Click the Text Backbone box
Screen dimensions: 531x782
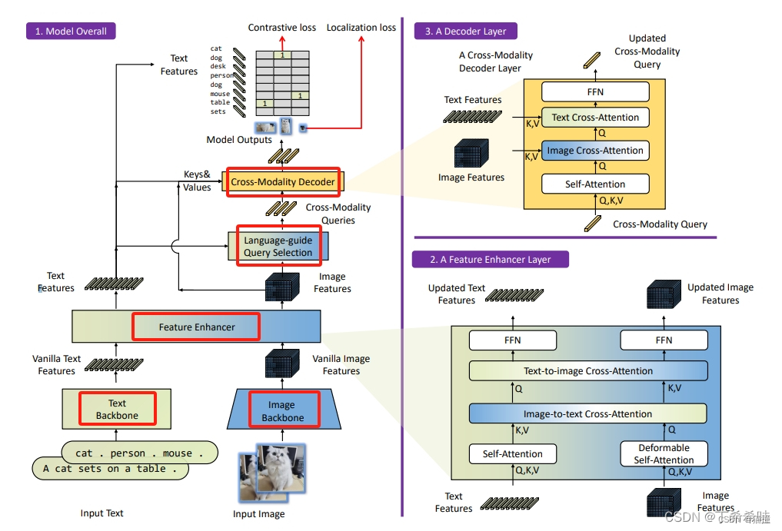[x=117, y=409]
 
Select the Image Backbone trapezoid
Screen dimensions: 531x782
[x=282, y=410]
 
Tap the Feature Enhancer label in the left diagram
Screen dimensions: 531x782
[x=197, y=327]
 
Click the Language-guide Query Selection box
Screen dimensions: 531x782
[x=278, y=246]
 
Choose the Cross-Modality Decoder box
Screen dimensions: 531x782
[x=283, y=181]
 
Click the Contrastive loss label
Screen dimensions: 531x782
[x=281, y=28]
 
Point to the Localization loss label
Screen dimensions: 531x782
[x=361, y=28]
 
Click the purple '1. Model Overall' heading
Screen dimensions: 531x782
[x=71, y=32]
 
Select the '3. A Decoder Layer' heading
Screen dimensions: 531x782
[x=466, y=32]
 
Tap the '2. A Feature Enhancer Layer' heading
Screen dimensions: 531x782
[x=490, y=259]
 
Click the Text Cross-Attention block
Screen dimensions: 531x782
[x=595, y=118]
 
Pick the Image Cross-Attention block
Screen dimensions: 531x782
[x=595, y=151]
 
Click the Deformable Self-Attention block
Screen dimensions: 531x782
[x=664, y=453]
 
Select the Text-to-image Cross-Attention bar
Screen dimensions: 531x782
[x=588, y=371]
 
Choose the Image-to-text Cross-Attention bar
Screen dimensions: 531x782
[x=588, y=414]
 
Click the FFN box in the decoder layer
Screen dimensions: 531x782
[x=595, y=92]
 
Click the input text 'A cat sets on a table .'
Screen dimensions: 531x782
[x=110, y=469]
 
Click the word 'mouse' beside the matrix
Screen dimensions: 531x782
[x=220, y=94]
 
